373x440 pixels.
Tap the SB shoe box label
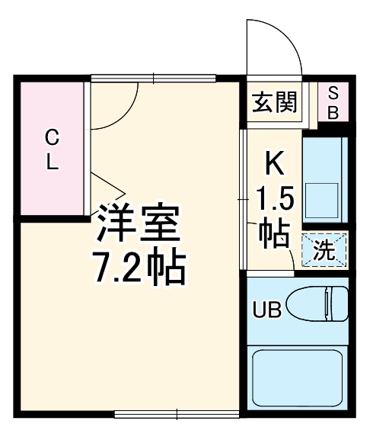[x=333, y=102]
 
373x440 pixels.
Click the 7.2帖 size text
[x=139, y=266]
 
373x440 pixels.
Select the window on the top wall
[x=155, y=77]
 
